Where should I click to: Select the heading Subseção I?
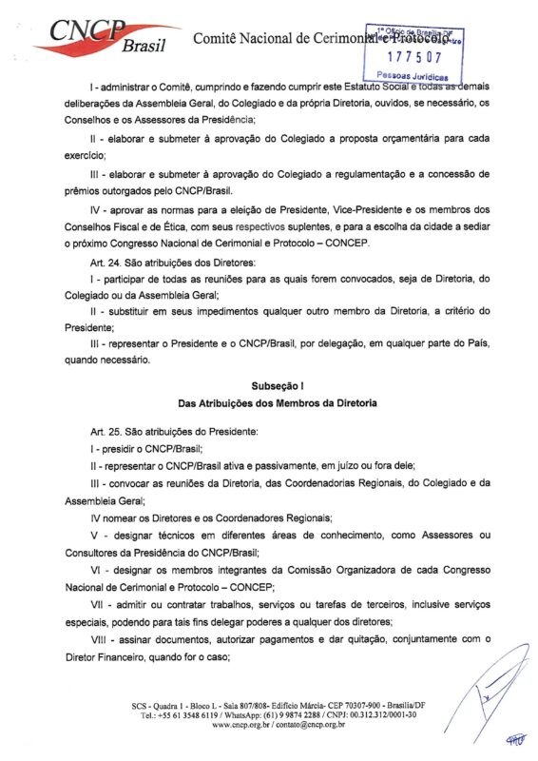click(280, 387)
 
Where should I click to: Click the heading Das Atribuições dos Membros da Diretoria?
click(280, 403)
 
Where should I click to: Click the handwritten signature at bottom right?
click(494, 699)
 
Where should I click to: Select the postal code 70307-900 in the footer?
click(378, 704)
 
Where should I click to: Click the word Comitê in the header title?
click(218, 39)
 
